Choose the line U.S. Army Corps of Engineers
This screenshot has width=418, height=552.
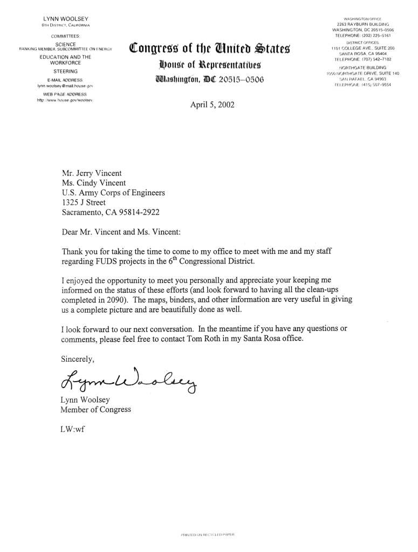pyautogui.click(x=114, y=192)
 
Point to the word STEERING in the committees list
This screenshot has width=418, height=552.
pyautogui.click(x=65, y=71)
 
